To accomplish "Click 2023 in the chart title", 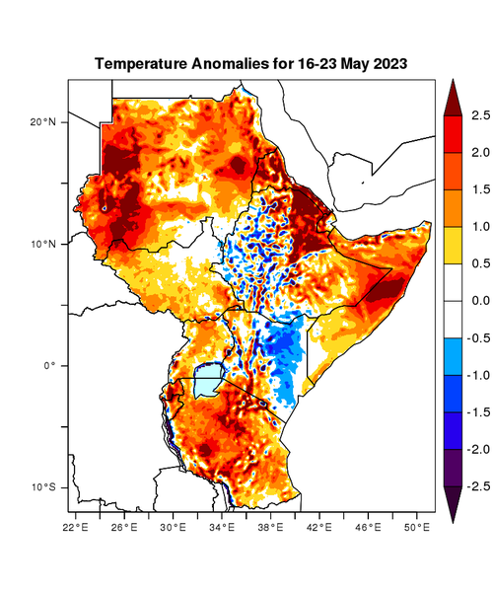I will (x=387, y=63).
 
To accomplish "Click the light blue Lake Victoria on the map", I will (x=207, y=381).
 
